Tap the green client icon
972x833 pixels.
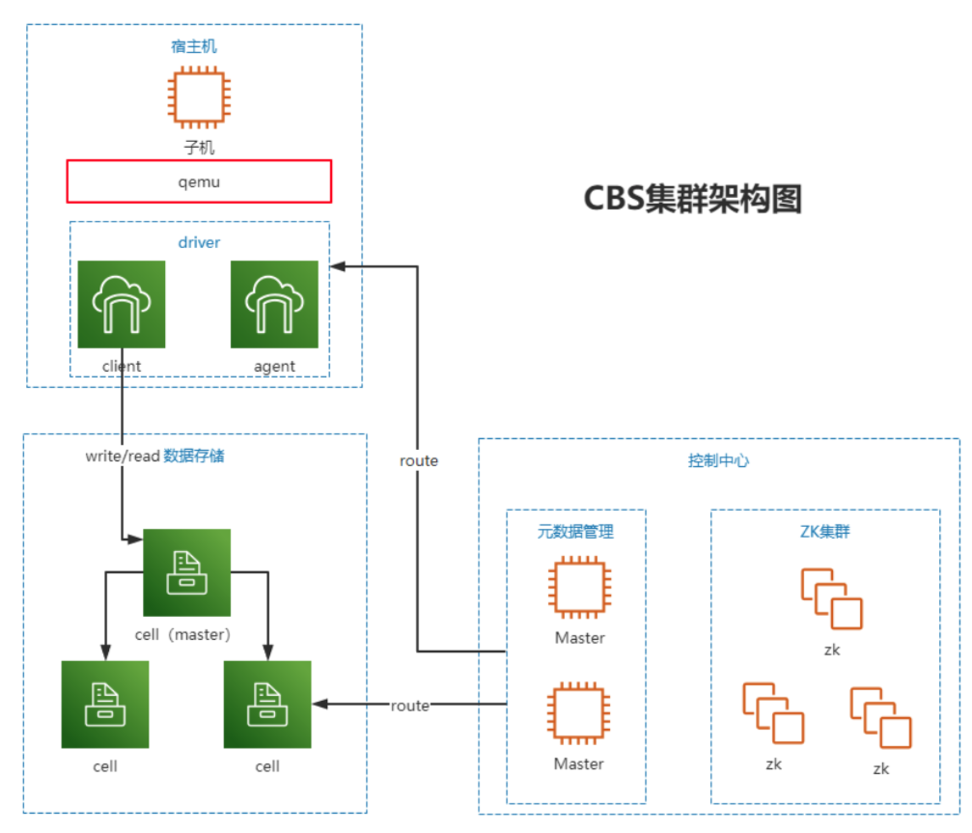(x=122, y=304)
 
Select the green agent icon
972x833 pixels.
(x=274, y=304)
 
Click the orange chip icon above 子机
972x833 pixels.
(x=199, y=97)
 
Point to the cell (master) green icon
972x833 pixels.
(x=186, y=572)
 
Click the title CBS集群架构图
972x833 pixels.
(x=692, y=198)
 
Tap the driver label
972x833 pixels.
(x=199, y=242)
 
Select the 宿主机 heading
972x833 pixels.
(x=194, y=46)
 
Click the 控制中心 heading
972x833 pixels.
(x=718, y=460)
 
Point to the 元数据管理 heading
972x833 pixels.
(x=575, y=531)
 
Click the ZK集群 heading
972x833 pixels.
(x=824, y=531)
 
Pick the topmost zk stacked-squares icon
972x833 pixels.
(x=831, y=598)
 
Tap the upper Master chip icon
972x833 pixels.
(x=579, y=587)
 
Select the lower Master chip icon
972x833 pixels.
(x=578, y=712)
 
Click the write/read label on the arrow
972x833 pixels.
(x=123, y=457)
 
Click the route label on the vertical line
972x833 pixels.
(x=418, y=460)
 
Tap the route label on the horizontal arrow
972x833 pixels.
(x=410, y=706)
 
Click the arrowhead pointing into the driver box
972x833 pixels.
(x=338, y=266)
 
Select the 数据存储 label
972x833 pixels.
(x=194, y=456)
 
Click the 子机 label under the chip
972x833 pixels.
(x=199, y=148)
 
